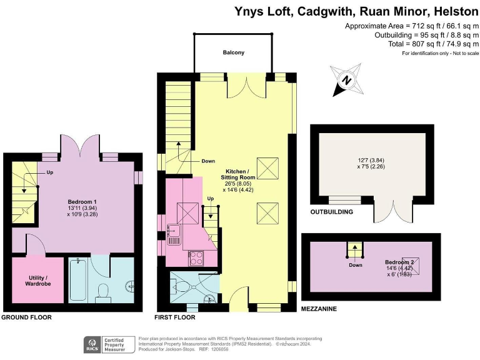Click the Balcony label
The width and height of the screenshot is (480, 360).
[234, 53]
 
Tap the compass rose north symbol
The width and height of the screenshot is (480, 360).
[346, 80]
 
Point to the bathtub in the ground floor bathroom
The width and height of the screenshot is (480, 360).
[79, 281]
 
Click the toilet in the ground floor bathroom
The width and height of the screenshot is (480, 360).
[103, 291]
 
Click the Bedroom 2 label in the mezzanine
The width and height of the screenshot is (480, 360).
[400, 262]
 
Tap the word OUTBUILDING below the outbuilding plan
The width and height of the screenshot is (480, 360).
[331, 212]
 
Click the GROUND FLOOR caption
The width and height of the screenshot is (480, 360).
[26, 317]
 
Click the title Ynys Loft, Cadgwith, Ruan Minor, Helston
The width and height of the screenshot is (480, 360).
[356, 11]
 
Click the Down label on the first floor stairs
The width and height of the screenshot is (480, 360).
[208, 161]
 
